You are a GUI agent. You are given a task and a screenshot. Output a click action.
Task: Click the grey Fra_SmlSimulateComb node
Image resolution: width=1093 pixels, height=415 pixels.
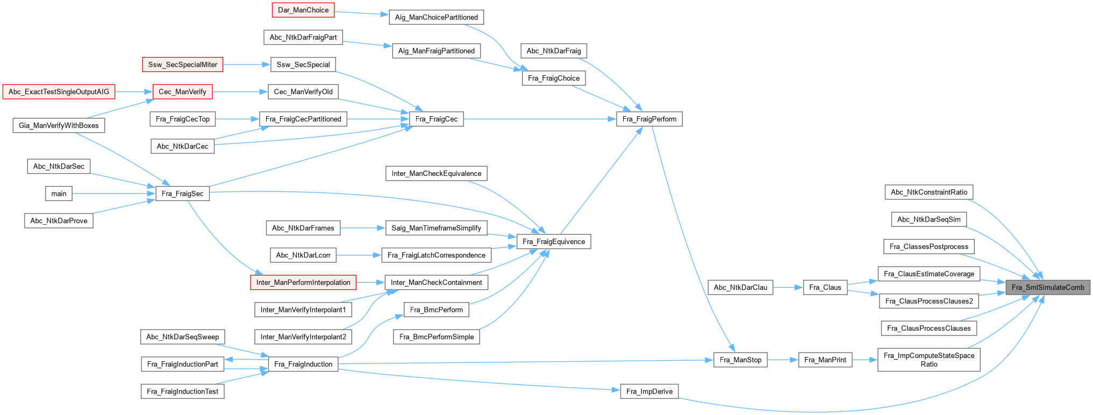(1047, 287)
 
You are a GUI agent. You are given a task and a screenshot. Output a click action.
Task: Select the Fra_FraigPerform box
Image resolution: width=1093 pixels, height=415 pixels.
(649, 119)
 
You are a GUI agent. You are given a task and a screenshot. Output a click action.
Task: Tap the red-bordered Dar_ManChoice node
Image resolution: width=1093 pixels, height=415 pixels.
(303, 10)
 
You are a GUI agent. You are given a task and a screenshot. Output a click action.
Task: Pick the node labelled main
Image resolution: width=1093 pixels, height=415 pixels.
(59, 194)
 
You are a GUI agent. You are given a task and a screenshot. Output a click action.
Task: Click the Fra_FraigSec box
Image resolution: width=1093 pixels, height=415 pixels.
(182, 194)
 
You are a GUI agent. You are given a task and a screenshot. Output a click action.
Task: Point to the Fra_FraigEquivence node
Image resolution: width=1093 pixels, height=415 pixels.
(553, 241)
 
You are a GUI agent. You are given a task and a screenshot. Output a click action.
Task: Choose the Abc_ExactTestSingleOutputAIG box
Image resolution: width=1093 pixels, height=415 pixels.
(59, 92)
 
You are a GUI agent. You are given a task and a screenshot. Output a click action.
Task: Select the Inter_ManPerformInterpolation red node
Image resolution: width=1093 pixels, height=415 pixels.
(303, 282)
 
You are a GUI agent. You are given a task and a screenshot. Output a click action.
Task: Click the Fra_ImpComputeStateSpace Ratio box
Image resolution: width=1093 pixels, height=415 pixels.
(928, 360)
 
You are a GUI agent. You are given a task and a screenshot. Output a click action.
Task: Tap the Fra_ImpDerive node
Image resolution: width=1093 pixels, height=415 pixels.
(649, 391)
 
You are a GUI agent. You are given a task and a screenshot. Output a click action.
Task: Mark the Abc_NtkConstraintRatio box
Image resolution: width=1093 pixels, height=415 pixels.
(928, 192)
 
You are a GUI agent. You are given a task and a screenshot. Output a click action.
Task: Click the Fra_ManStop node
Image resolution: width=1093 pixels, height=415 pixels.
(740, 360)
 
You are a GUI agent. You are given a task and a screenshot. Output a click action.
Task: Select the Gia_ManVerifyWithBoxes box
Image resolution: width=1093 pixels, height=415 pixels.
(59, 125)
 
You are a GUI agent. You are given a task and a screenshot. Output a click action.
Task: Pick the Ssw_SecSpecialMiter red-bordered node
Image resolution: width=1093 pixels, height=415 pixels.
(182, 65)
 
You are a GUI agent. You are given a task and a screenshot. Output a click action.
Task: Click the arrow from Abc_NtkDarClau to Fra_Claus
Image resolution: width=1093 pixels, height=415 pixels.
(788, 287)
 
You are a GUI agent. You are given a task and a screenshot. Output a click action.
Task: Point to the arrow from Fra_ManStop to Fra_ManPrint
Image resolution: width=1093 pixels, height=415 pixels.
(783, 360)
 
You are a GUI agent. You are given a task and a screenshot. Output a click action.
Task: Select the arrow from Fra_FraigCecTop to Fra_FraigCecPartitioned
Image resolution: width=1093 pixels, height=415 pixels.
(237, 119)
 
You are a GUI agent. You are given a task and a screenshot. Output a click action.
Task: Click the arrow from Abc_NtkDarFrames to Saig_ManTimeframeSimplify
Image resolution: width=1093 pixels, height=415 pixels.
(363, 228)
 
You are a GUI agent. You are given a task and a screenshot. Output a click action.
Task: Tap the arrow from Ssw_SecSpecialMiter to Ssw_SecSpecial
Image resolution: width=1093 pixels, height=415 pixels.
(246, 65)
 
